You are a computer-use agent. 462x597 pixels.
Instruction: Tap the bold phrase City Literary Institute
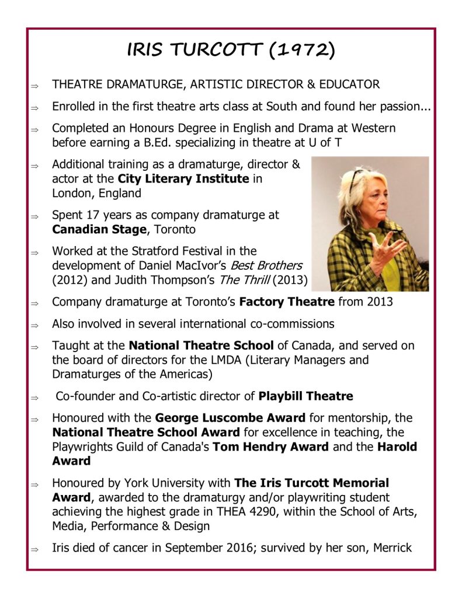[x=183, y=178]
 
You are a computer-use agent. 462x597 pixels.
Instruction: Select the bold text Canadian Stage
[x=99, y=229]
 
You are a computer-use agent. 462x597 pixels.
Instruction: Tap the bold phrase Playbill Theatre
[x=305, y=396]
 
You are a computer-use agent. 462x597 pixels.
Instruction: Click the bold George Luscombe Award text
[x=230, y=417]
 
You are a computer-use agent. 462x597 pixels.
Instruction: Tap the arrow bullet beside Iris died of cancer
[x=34, y=549]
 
